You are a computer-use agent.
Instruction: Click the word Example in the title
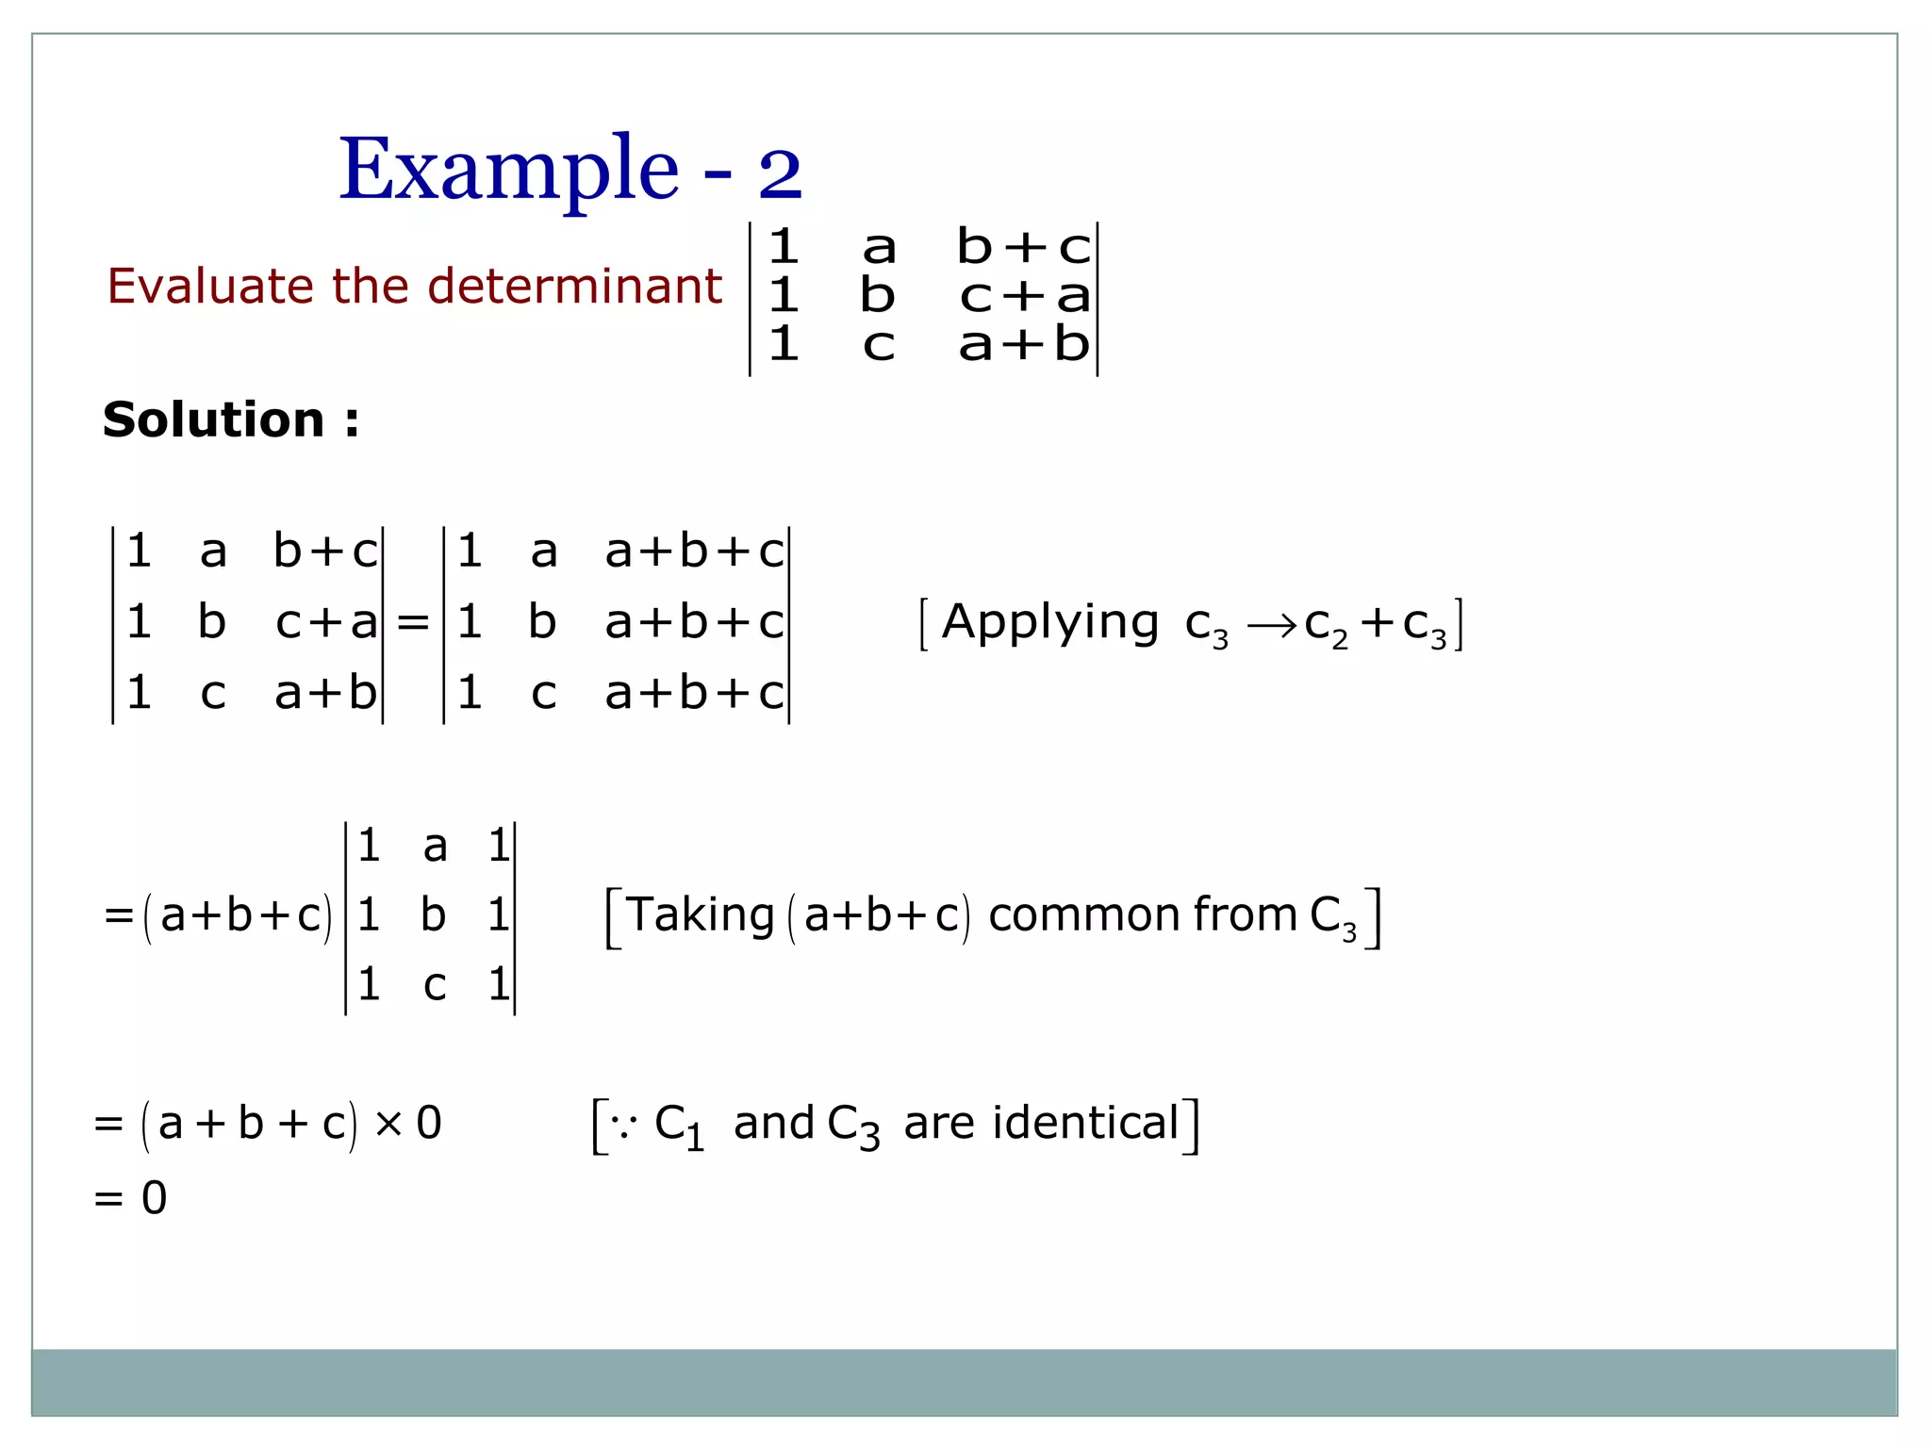point(508,170)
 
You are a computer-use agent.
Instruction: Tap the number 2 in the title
point(780,174)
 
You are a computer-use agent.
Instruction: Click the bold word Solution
point(214,420)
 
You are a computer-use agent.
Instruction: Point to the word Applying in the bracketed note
point(1050,623)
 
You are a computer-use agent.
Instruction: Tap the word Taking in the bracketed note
point(701,914)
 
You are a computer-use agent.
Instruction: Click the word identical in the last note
point(1085,1123)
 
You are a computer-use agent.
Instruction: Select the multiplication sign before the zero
point(388,1123)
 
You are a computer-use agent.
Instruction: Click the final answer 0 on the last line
point(154,1198)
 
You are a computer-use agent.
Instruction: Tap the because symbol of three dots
point(623,1125)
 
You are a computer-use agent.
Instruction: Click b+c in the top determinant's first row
point(1023,247)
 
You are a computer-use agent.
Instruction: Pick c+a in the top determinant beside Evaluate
point(1025,296)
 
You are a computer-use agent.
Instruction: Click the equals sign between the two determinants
point(413,623)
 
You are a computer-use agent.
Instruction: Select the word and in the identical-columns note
point(773,1123)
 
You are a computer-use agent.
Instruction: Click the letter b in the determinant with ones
point(433,915)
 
